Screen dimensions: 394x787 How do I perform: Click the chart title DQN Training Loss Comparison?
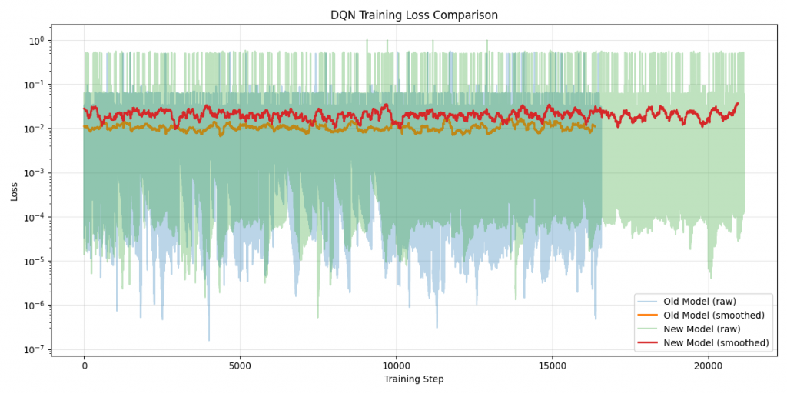pyautogui.click(x=415, y=15)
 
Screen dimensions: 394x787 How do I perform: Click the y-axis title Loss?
pyautogui.click(x=15, y=191)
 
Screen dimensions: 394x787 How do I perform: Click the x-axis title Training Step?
pyautogui.click(x=415, y=379)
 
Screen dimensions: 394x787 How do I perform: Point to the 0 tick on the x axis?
pyautogui.click(x=84, y=364)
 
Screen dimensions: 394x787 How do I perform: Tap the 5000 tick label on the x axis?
pyautogui.click(x=240, y=364)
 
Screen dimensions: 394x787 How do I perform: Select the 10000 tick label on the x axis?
pyautogui.click(x=396, y=364)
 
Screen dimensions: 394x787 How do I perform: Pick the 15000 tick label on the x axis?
pyautogui.click(x=552, y=364)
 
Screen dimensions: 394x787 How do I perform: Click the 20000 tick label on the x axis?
pyautogui.click(x=708, y=364)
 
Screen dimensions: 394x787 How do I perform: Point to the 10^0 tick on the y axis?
pyautogui.click(x=37, y=40)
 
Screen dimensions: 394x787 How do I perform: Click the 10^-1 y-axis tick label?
pyautogui.click(x=35, y=85)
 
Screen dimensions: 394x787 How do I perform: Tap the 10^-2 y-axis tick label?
pyautogui.click(x=35, y=129)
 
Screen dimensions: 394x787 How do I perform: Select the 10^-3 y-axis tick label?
pyautogui.click(x=35, y=173)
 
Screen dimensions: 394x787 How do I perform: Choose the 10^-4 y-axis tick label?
pyautogui.click(x=35, y=217)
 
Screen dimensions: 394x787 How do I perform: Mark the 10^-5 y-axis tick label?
pyautogui.click(x=35, y=262)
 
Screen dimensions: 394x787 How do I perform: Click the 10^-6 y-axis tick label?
pyautogui.click(x=35, y=306)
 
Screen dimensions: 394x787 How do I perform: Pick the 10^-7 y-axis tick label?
pyautogui.click(x=35, y=350)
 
